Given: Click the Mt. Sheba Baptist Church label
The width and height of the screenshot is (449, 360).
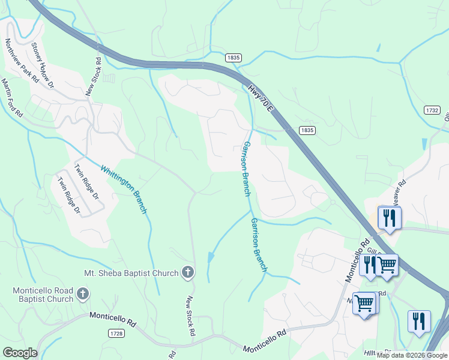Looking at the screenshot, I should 132,273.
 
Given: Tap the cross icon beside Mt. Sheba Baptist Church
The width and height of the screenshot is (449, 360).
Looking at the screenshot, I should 187,273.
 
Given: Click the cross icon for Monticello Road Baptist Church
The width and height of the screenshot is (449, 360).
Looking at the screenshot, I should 83,295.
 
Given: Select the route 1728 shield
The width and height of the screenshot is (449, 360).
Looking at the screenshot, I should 117,332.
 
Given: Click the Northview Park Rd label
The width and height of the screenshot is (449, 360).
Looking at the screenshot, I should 22,61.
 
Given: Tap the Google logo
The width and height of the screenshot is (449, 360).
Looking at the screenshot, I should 20,353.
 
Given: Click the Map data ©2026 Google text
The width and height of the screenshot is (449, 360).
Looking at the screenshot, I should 412,355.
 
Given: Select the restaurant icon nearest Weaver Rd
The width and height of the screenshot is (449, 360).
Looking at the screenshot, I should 390,217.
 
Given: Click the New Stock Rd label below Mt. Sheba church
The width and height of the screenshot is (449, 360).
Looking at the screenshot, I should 191,316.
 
